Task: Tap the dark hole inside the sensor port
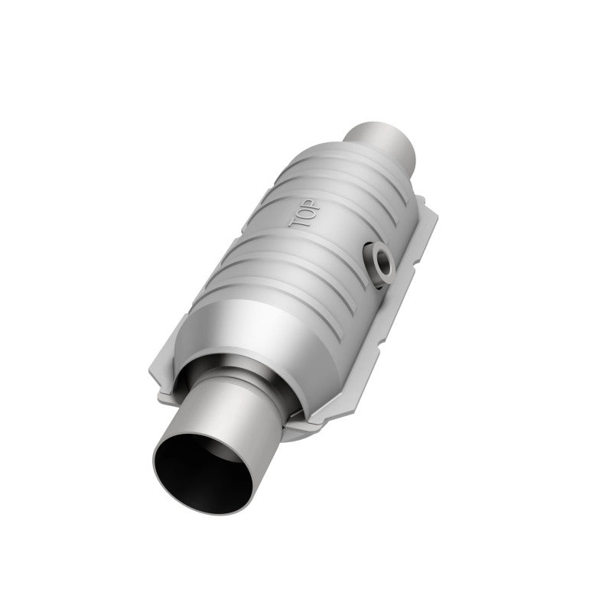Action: pos(378,259)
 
